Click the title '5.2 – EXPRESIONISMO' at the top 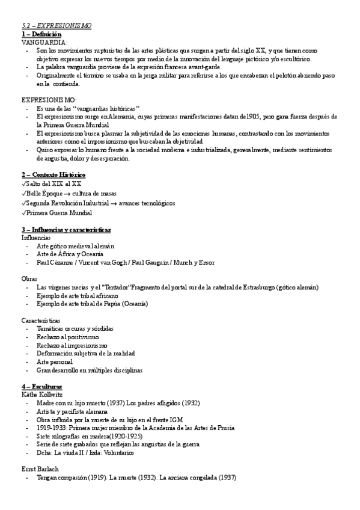pyautogui.click(x=56, y=26)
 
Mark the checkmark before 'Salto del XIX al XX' pyautogui.click(x=23, y=183)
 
